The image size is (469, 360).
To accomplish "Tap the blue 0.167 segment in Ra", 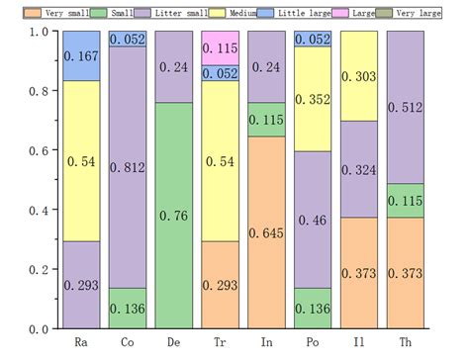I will coord(81,55).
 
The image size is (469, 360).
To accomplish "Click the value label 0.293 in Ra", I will coord(81,286).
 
